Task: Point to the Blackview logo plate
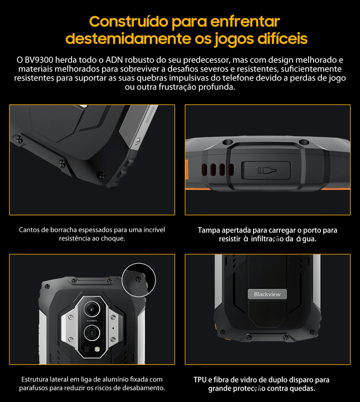(267, 294)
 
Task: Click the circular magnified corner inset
(139, 280)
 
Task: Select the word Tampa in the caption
(208, 230)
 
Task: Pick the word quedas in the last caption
(303, 389)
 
